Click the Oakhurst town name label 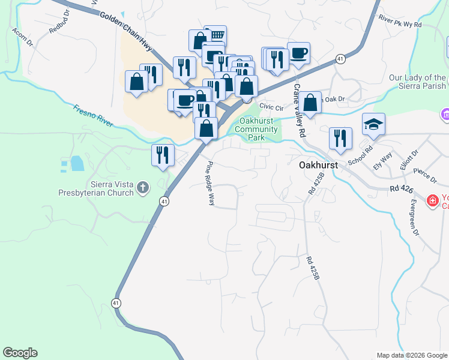319,164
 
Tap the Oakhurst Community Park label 258,129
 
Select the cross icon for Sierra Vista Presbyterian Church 143,188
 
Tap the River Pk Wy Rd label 400,26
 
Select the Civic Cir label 271,107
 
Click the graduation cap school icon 373,124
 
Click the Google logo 20,353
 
